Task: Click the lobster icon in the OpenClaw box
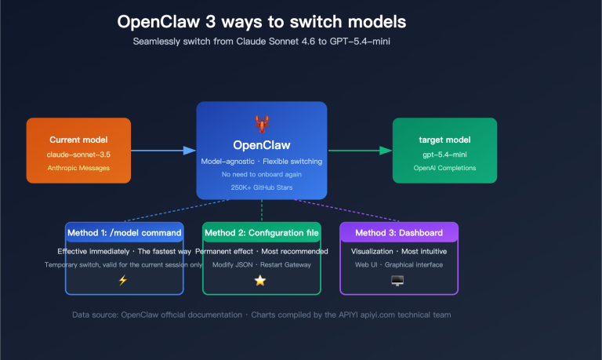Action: (261, 123)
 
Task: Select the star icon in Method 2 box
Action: (260, 281)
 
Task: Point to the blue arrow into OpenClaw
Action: (163, 150)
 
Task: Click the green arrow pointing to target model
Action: (361, 150)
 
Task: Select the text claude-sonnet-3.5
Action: (78, 154)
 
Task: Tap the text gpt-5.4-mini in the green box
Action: (444, 154)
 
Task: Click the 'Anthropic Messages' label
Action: (78, 168)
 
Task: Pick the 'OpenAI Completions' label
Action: (444, 168)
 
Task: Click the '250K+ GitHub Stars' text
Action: (261, 187)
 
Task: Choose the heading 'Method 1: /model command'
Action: (125, 233)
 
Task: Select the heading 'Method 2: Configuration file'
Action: (261, 233)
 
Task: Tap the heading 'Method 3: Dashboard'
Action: (398, 233)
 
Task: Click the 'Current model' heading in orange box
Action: (78, 139)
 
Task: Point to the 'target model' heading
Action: (444, 140)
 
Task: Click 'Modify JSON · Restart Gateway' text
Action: (261, 265)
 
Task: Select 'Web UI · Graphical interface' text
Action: (398, 265)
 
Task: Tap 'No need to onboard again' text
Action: (261, 174)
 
